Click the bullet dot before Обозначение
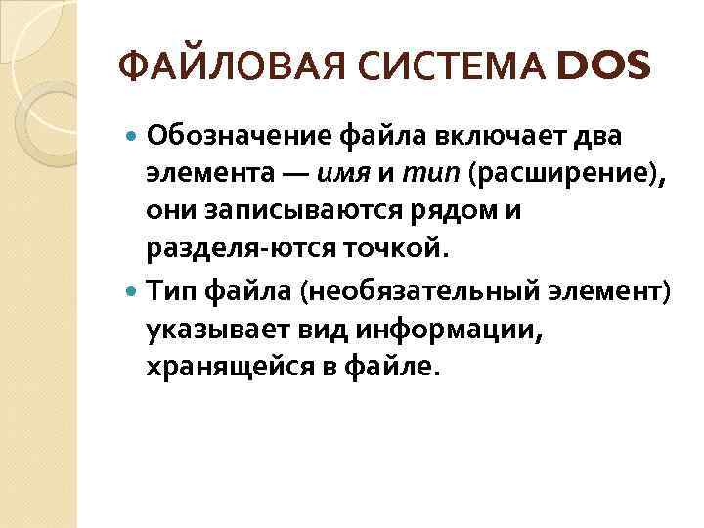point(133,134)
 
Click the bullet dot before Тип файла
point(133,289)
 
